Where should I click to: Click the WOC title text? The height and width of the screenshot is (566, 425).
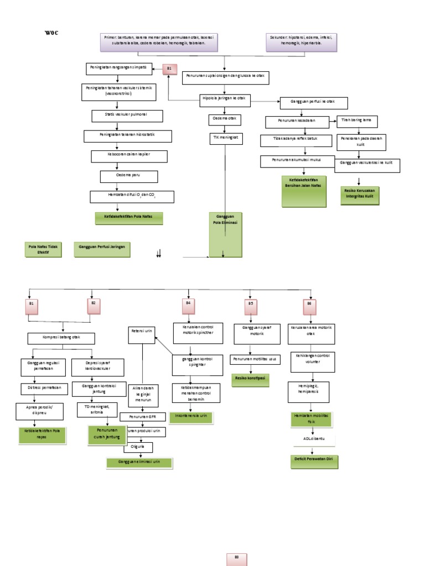tap(51, 33)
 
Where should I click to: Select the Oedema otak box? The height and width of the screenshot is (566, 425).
tap(225, 119)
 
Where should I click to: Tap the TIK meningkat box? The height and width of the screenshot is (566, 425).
tap(225, 138)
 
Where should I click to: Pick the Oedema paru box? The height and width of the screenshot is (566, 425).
tap(129, 176)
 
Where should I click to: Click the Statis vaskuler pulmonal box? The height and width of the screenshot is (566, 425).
tap(127, 116)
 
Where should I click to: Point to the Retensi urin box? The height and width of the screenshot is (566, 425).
tap(142, 332)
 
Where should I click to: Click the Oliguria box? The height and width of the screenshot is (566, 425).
tap(138, 447)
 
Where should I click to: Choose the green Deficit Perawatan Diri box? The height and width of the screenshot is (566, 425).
tap(314, 462)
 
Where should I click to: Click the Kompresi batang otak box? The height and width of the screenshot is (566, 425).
tap(61, 338)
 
